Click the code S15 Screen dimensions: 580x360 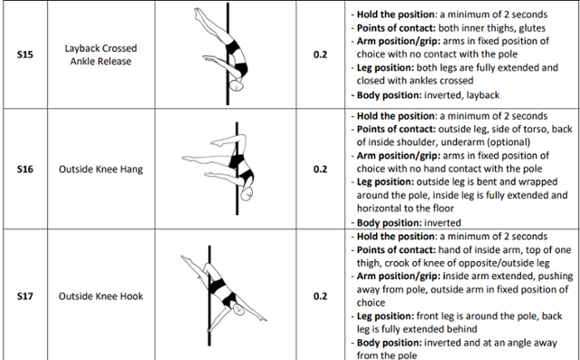coord(24,54)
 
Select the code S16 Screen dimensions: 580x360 coord(24,169)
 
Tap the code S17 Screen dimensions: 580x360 coord(24,296)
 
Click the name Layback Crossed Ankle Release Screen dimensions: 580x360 coord(101,54)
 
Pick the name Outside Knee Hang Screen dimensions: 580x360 coord(101,169)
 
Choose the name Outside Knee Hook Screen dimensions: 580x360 coord(101,296)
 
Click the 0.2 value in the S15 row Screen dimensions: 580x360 coord(320,54)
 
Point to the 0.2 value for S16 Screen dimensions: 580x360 coord(320,169)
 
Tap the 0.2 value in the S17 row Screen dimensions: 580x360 coord(320,296)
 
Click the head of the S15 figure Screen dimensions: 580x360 coord(237,85)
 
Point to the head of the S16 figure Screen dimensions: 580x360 coord(246,193)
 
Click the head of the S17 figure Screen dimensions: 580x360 coord(238,309)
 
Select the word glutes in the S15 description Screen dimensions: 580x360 coord(532,28)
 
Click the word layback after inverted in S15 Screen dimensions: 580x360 coord(483,95)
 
